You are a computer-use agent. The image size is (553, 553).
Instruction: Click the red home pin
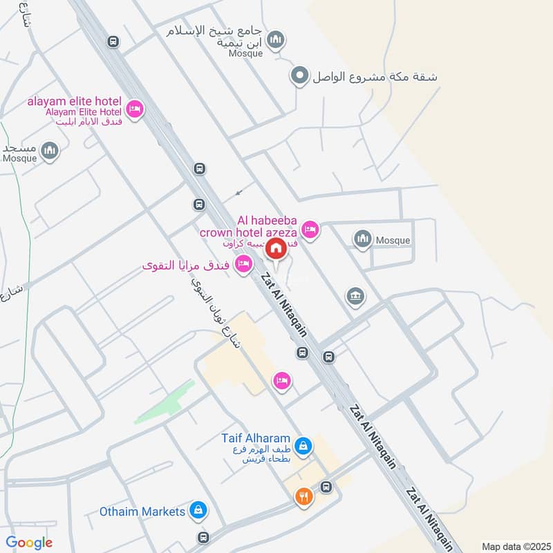(276, 248)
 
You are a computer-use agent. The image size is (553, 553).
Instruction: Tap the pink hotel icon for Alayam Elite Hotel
(135, 109)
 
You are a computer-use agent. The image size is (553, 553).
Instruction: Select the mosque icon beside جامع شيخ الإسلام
(276, 40)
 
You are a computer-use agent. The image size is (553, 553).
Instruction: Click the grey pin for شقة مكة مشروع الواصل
(300, 75)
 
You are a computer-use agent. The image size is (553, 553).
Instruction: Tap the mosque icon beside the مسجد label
(49, 150)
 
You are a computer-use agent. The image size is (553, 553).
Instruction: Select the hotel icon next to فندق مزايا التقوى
(243, 264)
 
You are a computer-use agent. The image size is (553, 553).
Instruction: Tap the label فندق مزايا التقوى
(187, 265)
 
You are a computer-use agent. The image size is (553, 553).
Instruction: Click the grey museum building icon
(355, 296)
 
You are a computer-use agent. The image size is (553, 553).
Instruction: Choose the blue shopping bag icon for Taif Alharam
(302, 444)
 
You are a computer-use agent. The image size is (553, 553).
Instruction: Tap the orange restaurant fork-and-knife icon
(303, 496)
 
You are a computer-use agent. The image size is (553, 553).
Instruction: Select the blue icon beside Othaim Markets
(198, 511)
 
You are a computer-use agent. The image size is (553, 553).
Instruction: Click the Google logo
(29, 543)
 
